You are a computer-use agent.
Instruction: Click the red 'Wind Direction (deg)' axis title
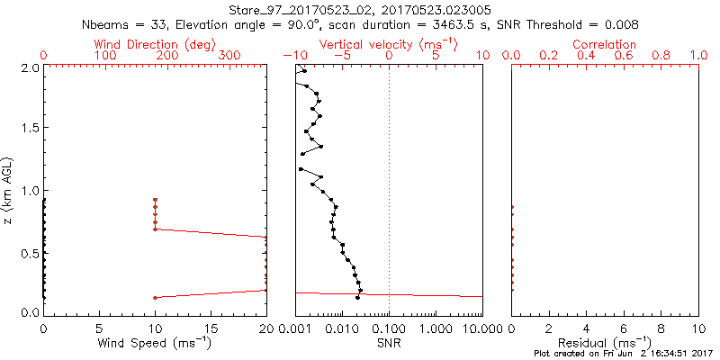(155, 43)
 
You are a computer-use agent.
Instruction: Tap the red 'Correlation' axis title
(605, 43)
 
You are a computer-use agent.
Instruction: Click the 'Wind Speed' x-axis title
(155, 344)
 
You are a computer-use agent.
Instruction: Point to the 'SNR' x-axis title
(389, 344)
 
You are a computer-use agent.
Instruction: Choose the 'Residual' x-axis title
(605, 344)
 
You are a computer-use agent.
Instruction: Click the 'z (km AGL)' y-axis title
(10, 190)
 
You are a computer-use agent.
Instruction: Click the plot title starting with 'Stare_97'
(360, 9)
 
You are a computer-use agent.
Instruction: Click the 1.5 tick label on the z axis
(31, 129)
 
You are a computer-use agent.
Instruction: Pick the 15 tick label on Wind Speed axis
(211, 329)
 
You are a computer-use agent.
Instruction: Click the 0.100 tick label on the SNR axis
(389, 329)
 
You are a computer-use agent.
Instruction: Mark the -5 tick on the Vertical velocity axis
(340, 56)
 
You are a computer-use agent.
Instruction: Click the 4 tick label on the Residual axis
(586, 329)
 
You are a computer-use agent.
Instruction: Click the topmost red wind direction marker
(155, 200)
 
